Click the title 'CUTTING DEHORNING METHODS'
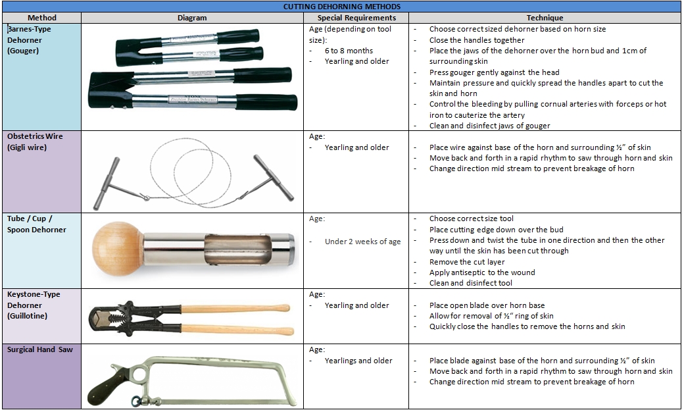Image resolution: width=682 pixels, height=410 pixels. click(341, 7)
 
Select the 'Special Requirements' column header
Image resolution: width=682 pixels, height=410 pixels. click(356, 18)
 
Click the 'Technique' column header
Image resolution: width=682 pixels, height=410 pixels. click(545, 18)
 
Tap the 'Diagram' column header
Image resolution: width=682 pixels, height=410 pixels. click(192, 18)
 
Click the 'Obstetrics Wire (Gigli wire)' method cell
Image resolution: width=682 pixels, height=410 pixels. click(34, 141)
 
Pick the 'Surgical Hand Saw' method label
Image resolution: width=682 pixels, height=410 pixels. click(39, 349)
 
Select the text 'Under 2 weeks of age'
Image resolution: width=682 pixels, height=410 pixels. click(362, 242)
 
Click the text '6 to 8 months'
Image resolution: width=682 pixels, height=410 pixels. click(349, 51)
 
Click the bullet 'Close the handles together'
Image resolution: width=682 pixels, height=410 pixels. click(477, 40)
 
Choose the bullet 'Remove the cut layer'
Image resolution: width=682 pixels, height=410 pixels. click(467, 262)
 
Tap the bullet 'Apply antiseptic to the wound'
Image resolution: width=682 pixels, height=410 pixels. click(482, 272)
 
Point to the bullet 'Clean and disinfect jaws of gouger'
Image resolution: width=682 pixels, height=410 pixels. click(489, 126)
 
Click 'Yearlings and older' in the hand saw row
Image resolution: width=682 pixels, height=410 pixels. click(358, 361)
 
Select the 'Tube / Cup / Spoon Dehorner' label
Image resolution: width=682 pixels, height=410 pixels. click(33, 224)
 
